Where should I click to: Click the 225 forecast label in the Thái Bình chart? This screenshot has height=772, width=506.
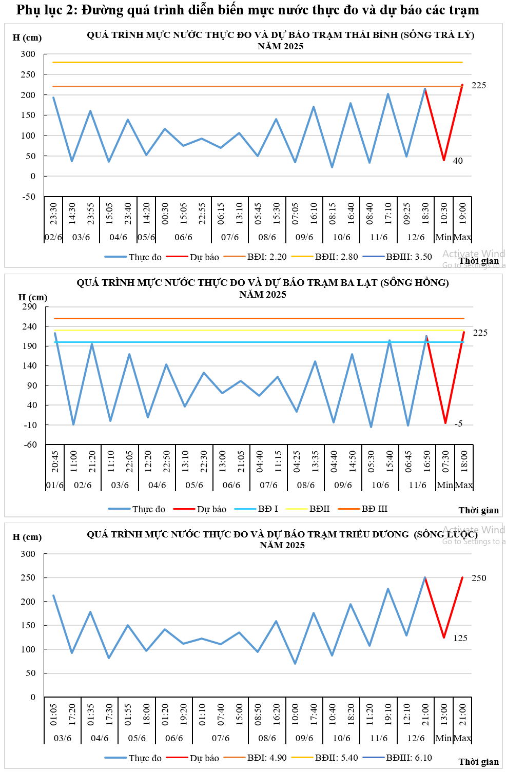pyautogui.click(x=478, y=85)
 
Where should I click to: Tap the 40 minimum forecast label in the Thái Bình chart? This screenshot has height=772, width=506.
pyautogui.click(x=458, y=161)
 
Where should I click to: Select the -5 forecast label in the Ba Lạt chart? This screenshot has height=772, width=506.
pyautogui.click(x=458, y=423)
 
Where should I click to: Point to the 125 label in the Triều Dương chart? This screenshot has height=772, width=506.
pyautogui.click(x=460, y=638)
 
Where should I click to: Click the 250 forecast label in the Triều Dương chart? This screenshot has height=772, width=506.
pyautogui.click(x=478, y=578)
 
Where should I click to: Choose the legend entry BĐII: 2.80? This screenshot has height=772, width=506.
pyautogui.click(x=336, y=257)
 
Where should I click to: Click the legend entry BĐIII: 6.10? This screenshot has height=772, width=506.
pyautogui.click(x=408, y=758)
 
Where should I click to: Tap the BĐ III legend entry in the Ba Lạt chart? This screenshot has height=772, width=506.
pyautogui.click(x=374, y=509)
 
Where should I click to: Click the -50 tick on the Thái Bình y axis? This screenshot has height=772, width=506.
pyautogui.click(x=29, y=197)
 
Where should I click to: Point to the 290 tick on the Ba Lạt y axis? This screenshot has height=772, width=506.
pyautogui.click(x=30, y=306)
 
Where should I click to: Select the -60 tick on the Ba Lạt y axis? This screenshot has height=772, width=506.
pyautogui.click(x=30, y=445)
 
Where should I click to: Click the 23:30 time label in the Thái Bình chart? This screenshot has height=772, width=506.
pyautogui.click(x=53, y=213)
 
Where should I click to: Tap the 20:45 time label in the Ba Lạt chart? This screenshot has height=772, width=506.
pyautogui.click(x=55, y=461)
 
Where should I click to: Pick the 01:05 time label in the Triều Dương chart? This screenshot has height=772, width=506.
pyautogui.click(x=53, y=715)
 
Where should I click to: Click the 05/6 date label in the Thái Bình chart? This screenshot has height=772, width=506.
pyautogui.click(x=146, y=237)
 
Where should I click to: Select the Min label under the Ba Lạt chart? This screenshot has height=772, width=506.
pyautogui.click(x=445, y=485)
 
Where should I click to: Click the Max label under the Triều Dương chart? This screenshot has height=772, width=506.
pyautogui.click(x=462, y=738)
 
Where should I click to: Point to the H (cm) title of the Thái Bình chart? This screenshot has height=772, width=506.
pyautogui.click(x=27, y=37)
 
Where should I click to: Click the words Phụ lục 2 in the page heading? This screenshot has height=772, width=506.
pyautogui.click(x=46, y=10)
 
